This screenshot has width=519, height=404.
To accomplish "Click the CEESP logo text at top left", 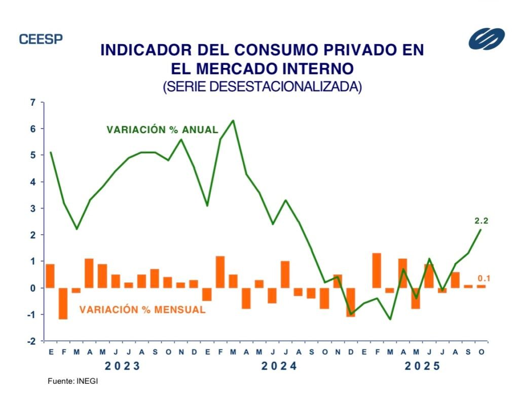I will (x=41, y=39).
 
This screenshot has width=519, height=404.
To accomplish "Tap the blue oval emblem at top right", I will (x=486, y=39).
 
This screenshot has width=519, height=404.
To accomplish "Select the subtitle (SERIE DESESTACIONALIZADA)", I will (x=262, y=87).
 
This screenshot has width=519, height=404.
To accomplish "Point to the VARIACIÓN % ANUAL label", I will (x=162, y=130).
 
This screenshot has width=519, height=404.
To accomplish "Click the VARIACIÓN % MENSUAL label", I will (x=142, y=310).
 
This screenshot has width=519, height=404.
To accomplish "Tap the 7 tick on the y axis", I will (x=33, y=103).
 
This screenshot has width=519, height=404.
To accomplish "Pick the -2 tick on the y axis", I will (x=32, y=341).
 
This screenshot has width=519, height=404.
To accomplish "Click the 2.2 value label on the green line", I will (x=481, y=220).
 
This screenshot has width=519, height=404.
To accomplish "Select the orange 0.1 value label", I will (x=484, y=278).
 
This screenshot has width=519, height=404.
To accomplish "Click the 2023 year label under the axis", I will (x=122, y=366).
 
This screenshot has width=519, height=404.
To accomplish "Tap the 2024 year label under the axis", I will (x=279, y=366).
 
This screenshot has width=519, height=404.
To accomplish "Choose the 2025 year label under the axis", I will (x=422, y=366).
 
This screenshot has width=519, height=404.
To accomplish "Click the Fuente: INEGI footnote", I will (x=72, y=381).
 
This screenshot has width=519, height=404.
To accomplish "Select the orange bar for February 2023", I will (x=63, y=303).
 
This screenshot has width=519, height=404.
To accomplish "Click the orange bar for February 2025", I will (x=376, y=270).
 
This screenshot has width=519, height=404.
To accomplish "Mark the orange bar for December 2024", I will (x=350, y=302).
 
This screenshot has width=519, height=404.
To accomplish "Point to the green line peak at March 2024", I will (x=233, y=120).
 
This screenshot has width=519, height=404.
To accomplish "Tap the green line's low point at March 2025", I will (x=389, y=319).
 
